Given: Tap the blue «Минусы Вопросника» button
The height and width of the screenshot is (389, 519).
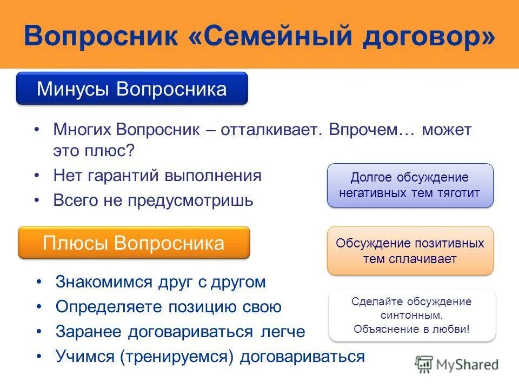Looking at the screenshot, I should (132, 88).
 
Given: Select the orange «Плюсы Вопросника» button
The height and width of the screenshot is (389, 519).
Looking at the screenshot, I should (134, 243).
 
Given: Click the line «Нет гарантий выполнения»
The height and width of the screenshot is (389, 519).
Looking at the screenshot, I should (157, 176).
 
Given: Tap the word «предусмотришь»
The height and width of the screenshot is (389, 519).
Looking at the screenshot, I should (190, 200).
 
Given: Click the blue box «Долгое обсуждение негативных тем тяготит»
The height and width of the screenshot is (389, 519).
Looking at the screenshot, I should (410, 185).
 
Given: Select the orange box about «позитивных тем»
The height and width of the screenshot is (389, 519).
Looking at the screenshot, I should (410, 251).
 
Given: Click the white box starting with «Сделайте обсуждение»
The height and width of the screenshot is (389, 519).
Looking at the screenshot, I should (412, 315).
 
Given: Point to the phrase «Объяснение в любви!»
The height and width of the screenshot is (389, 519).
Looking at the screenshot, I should (412, 328).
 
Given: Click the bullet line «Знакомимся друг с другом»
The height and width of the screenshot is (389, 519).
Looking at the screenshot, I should (161, 282).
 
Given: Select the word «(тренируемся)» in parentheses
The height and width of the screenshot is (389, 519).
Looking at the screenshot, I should (178, 357).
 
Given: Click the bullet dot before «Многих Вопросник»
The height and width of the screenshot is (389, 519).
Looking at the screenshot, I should (36, 130).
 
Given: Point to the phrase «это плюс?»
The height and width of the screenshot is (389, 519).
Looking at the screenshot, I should (93, 151).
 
